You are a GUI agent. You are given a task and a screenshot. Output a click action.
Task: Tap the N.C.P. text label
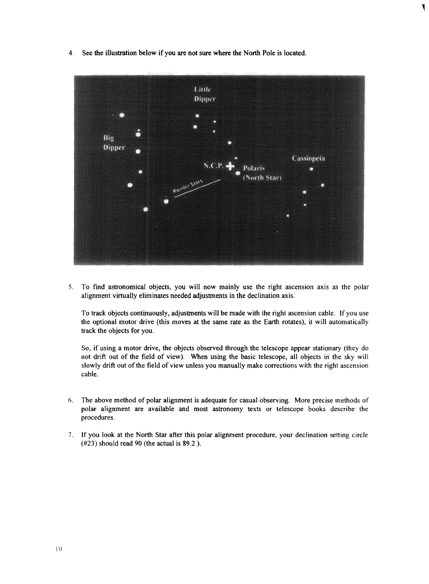[213, 166]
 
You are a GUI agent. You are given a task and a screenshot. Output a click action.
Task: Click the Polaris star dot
[238, 174]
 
